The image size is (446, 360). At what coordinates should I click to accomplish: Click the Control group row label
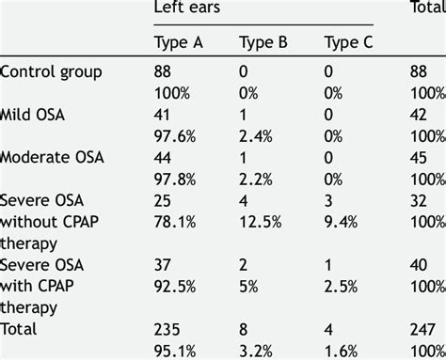(50, 72)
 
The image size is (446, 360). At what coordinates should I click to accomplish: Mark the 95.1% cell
(173, 352)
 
